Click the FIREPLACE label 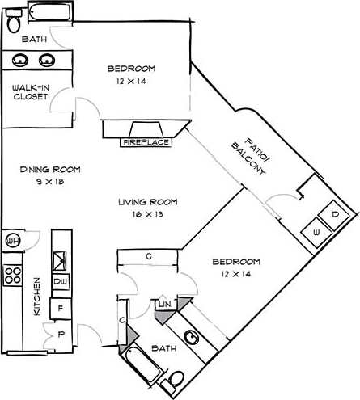[146, 143]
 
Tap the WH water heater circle [12, 240]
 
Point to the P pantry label [60, 332]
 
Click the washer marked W [316, 232]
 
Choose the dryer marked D [335, 215]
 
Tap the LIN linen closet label [165, 303]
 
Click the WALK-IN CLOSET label [30, 92]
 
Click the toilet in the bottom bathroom [176, 380]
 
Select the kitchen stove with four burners [13, 274]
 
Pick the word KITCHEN [36, 301]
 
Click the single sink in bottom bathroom [193, 338]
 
